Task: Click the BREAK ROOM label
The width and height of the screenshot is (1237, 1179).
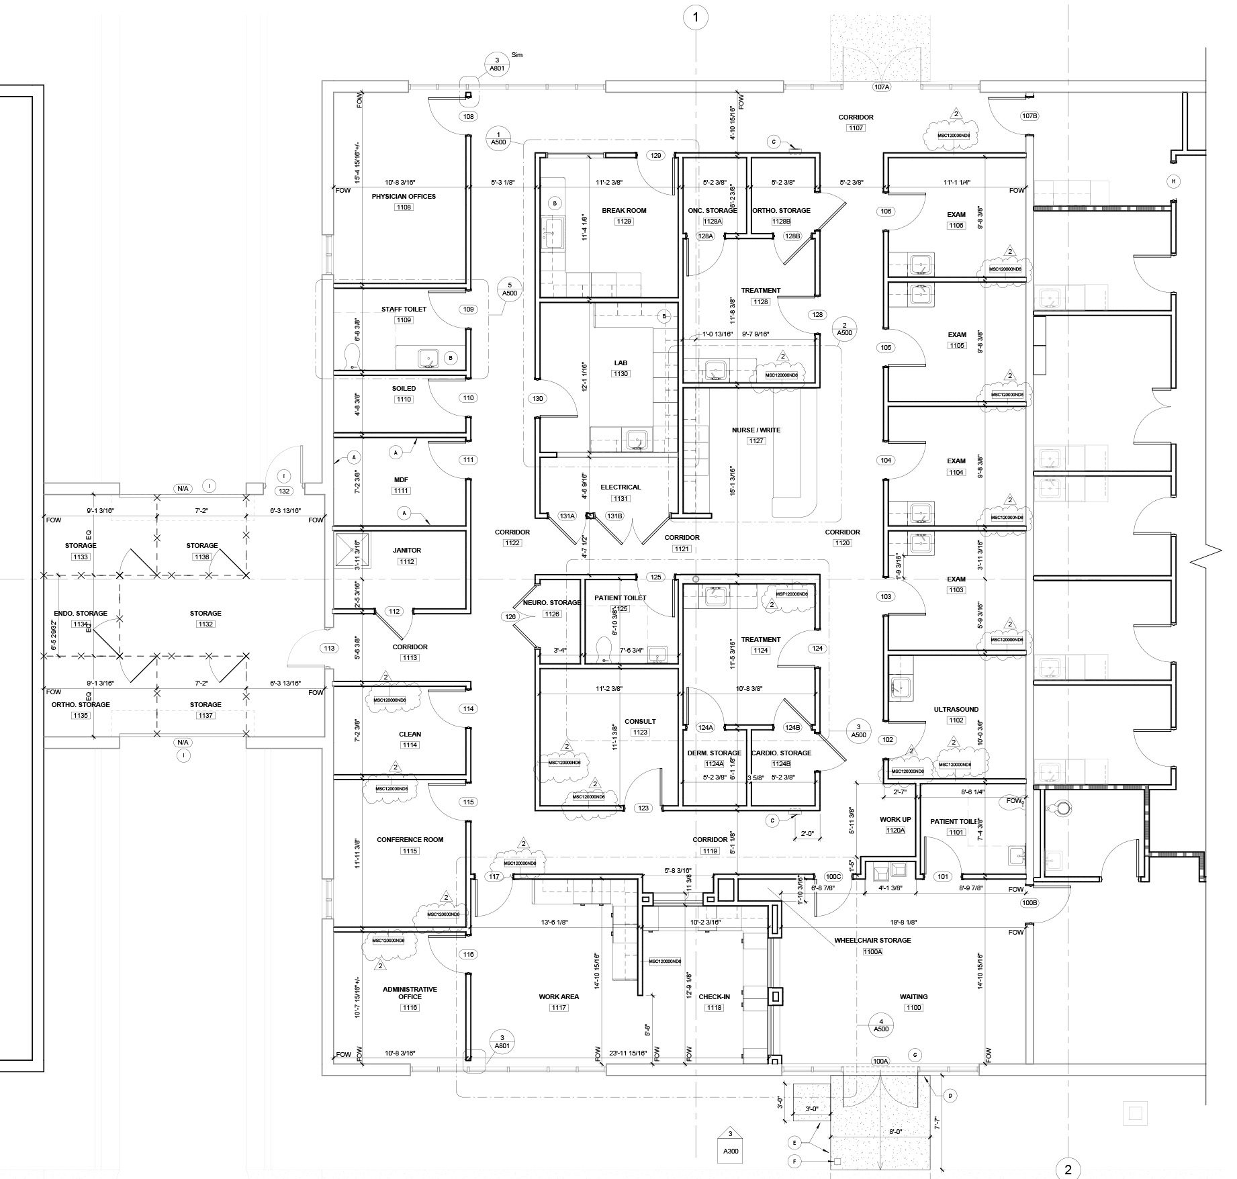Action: click(x=624, y=210)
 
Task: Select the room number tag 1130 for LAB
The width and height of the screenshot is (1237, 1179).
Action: click(x=621, y=374)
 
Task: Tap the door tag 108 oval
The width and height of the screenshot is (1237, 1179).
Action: click(x=469, y=116)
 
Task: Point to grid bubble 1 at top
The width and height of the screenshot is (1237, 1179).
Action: click(x=696, y=17)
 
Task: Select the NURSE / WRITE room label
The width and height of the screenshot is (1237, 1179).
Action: click(x=756, y=430)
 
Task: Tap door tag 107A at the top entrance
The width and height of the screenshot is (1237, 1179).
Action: click(x=881, y=87)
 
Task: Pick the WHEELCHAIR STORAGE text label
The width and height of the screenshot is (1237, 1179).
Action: click(x=872, y=940)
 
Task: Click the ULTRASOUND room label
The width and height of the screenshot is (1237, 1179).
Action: click(x=956, y=709)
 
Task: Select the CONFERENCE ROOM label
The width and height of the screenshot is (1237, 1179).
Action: click(x=410, y=839)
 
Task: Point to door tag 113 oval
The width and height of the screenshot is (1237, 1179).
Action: click(x=329, y=649)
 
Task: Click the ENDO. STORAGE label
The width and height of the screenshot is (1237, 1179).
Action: click(x=80, y=613)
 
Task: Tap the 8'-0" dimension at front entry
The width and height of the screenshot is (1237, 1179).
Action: click(x=896, y=1131)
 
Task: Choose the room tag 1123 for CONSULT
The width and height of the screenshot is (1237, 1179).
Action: click(x=639, y=732)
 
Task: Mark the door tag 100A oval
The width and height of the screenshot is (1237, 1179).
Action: click(x=880, y=1061)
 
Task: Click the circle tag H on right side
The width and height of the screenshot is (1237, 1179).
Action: click(x=1173, y=181)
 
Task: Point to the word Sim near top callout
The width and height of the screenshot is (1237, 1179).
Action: click(x=516, y=55)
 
